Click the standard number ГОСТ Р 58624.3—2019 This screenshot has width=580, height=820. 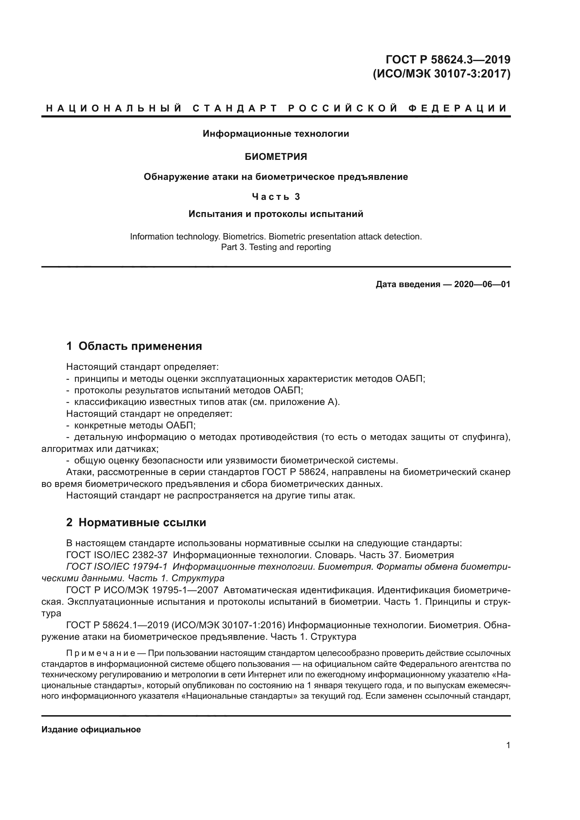click(x=448, y=59)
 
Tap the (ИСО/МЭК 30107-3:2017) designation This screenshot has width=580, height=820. click(x=441, y=74)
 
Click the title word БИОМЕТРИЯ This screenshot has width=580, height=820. click(x=276, y=157)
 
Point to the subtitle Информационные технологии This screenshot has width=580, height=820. click(x=276, y=134)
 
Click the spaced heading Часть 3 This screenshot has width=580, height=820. click(x=276, y=197)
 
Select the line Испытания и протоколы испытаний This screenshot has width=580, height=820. click(x=276, y=214)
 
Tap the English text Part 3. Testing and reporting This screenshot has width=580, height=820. click(x=276, y=247)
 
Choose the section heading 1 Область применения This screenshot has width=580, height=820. click(x=134, y=346)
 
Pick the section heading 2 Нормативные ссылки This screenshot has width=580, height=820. click(x=136, y=522)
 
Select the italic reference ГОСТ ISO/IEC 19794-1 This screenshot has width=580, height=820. click(x=117, y=567)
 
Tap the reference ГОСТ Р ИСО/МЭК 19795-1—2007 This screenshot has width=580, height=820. click(x=142, y=590)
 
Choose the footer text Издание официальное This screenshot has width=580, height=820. click(x=91, y=730)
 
